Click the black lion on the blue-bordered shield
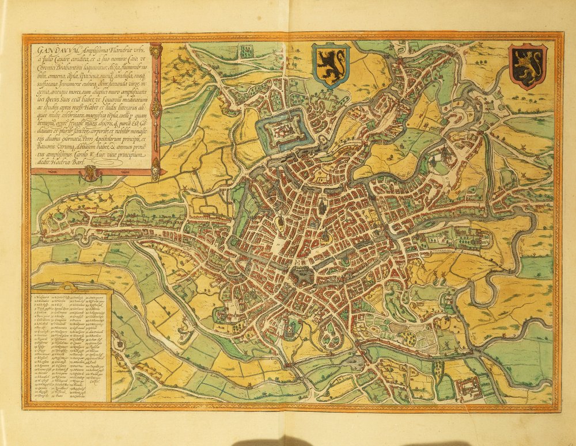click(331, 63)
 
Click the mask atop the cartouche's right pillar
click(156, 50)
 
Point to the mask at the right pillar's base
click(155, 171)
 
